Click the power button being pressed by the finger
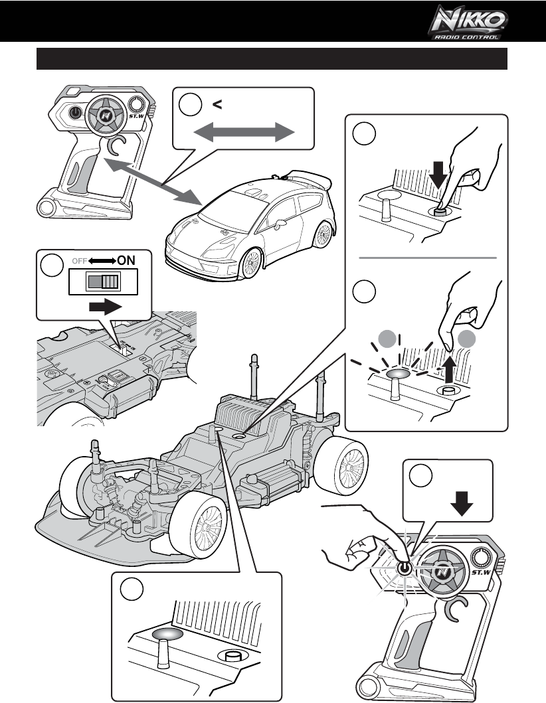click(403, 568)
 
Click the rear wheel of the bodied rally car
click(323, 234)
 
